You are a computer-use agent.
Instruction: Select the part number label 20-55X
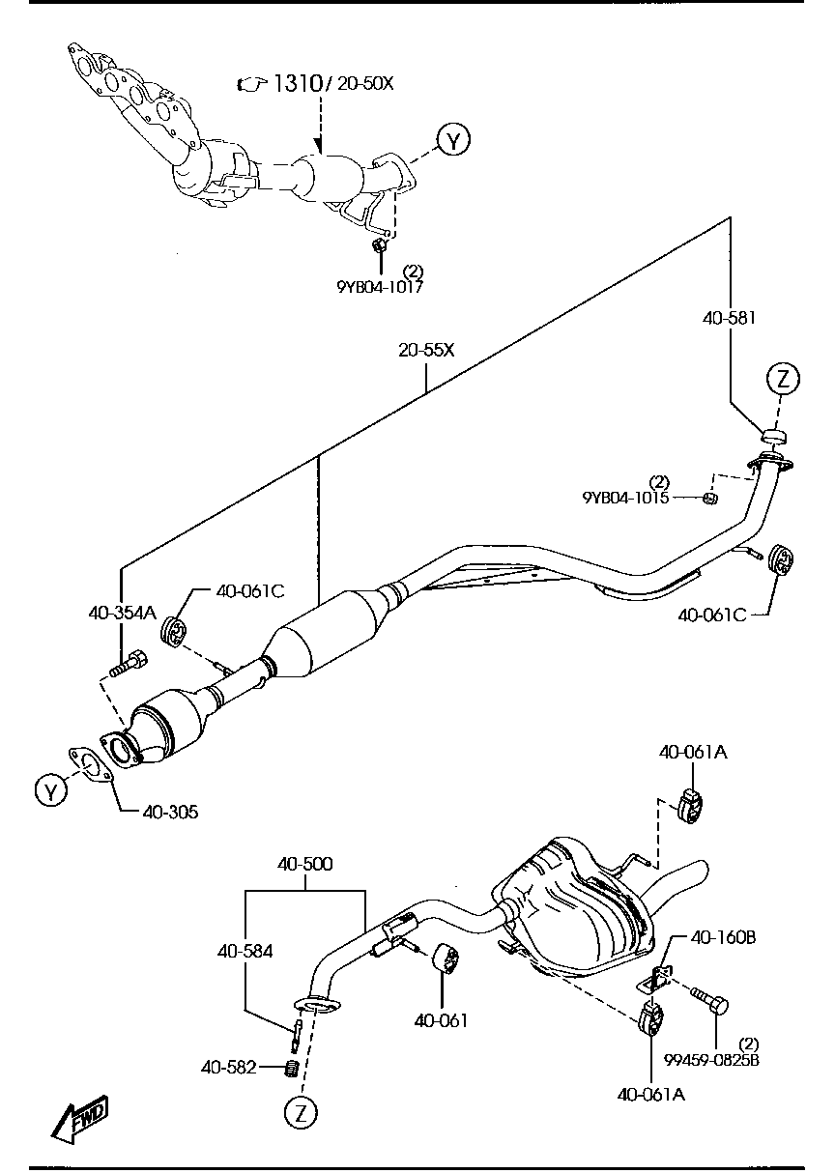[x=426, y=350]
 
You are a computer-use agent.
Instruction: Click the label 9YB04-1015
[x=625, y=498]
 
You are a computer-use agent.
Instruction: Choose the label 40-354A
[x=121, y=612]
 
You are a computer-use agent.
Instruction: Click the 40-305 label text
[x=170, y=812]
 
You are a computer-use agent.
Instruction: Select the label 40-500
[x=304, y=864]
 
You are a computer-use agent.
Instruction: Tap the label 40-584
[x=245, y=951]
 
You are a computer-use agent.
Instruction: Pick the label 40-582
[x=229, y=1067]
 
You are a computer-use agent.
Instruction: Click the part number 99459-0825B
[x=711, y=1059]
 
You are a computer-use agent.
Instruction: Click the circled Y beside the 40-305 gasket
[x=50, y=791]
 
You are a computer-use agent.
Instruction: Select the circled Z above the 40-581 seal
[x=783, y=379]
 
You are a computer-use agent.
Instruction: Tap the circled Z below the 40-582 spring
[x=301, y=1113]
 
